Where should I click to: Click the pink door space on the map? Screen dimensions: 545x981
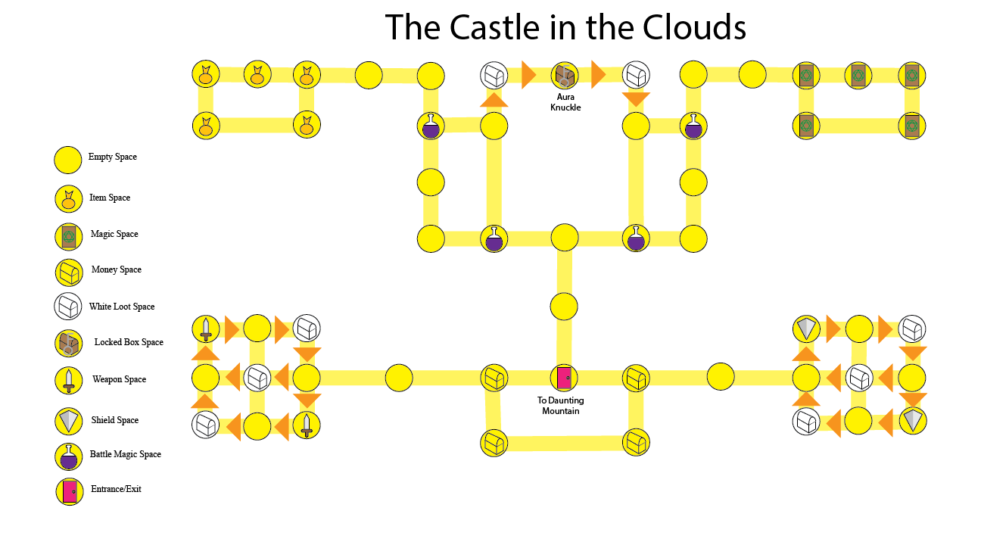564,378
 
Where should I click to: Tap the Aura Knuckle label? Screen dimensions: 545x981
565,102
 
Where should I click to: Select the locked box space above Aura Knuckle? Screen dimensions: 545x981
565,75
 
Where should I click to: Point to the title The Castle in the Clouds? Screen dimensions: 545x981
565,28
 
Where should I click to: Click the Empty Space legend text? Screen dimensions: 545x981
113,157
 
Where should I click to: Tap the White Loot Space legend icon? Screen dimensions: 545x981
68,307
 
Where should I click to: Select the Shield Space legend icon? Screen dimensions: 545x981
68,420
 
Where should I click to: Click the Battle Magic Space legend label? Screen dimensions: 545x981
126,454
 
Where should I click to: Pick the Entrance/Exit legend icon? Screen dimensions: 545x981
69,490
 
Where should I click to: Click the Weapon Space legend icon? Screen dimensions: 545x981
68,379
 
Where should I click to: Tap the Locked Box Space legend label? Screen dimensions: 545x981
129,342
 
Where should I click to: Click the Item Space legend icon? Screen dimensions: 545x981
68,199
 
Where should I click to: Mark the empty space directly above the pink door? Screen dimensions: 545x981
564,307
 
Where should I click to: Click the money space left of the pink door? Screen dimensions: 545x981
494,378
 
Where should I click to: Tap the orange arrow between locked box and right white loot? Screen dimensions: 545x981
599,75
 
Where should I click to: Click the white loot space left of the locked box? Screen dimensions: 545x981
494,75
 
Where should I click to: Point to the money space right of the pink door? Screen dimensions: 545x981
636,378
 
